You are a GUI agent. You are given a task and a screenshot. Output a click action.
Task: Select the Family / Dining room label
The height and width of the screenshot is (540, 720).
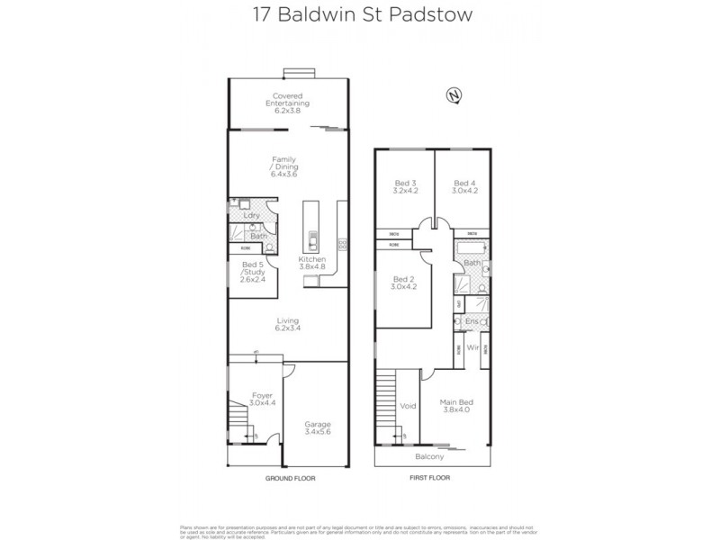(284, 166)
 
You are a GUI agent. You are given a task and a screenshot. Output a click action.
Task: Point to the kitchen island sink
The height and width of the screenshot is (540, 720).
(313, 240)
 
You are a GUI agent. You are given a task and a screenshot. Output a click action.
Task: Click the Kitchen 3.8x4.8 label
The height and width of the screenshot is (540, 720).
(312, 263)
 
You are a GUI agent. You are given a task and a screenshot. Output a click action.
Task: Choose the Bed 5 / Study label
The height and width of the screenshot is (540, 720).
(252, 272)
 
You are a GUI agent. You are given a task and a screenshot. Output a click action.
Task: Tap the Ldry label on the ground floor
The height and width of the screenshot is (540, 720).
(252, 216)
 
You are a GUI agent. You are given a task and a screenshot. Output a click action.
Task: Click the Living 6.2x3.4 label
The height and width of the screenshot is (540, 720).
(287, 325)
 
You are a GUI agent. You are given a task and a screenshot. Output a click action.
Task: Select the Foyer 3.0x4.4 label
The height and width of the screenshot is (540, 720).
(262, 400)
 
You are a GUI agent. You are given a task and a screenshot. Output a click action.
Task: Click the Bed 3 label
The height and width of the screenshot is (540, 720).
(405, 186)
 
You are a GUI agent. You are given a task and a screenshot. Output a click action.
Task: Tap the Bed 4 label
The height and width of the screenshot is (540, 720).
(464, 186)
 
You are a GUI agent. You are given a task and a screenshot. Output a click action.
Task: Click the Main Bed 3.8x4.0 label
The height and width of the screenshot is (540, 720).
(456, 406)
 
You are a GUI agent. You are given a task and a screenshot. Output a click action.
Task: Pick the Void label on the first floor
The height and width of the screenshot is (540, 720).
(408, 406)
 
